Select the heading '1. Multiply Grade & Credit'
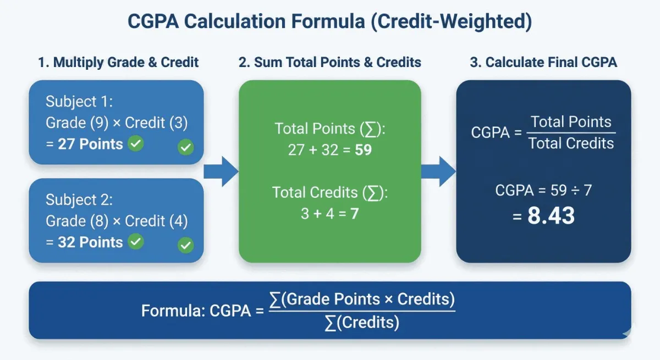[x=118, y=62]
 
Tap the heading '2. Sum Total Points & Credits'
[x=330, y=62]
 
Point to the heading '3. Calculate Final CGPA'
[x=543, y=62]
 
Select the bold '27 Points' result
[x=91, y=144]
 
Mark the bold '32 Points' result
[x=91, y=242]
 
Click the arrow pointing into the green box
[x=221, y=171]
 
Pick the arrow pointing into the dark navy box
[x=439, y=171]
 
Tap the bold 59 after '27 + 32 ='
[x=364, y=149]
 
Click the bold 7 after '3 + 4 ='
[x=355, y=213]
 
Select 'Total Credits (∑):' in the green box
[x=330, y=193]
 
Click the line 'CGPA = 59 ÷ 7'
[x=543, y=191]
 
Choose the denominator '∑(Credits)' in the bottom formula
[x=362, y=323]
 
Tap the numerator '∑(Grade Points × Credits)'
[x=362, y=300]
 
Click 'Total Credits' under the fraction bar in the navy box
[x=571, y=143]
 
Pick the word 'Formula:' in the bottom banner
[x=173, y=311]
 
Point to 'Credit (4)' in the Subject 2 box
[x=157, y=221]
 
